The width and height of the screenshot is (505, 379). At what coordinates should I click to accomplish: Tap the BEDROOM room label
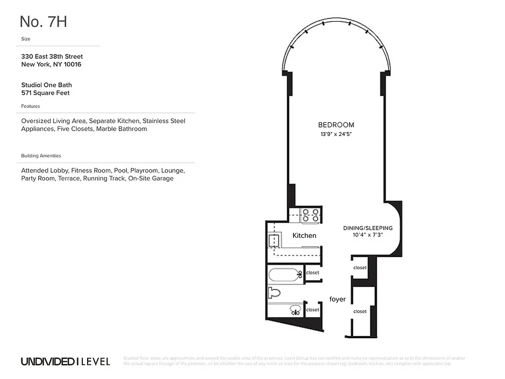click(x=336, y=125)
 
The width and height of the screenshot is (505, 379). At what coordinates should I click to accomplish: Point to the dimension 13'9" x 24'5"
click(x=336, y=135)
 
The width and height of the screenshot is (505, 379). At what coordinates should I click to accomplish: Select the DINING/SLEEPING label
click(x=368, y=228)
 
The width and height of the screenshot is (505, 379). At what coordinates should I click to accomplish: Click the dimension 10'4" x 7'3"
click(x=368, y=235)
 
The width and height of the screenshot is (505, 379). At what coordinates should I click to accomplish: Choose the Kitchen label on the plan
click(x=304, y=235)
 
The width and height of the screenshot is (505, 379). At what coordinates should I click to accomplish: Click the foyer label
click(x=337, y=299)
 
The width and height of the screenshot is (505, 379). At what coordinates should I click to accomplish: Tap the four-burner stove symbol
click(x=310, y=215)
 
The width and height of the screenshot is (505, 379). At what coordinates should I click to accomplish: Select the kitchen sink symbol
click(x=273, y=241)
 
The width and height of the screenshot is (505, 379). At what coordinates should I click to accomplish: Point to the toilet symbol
click(x=274, y=292)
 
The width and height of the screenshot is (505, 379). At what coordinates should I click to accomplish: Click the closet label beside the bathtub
click(x=313, y=273)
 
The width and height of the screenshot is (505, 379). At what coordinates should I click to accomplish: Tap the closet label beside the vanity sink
click(x=313, y=310)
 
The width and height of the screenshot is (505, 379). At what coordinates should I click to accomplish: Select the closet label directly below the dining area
click(x=360, y=268)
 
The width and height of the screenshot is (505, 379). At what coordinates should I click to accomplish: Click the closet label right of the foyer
click(x=360, y=311)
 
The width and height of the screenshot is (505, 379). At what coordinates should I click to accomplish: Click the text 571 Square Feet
click(x=45, y=93)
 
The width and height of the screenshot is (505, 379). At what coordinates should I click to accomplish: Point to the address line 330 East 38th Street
click(x=52, y=56)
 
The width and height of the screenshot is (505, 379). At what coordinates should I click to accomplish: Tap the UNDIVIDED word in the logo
click(x=47, y=362)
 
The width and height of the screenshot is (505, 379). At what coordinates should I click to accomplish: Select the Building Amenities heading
click(x=41, y=156)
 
